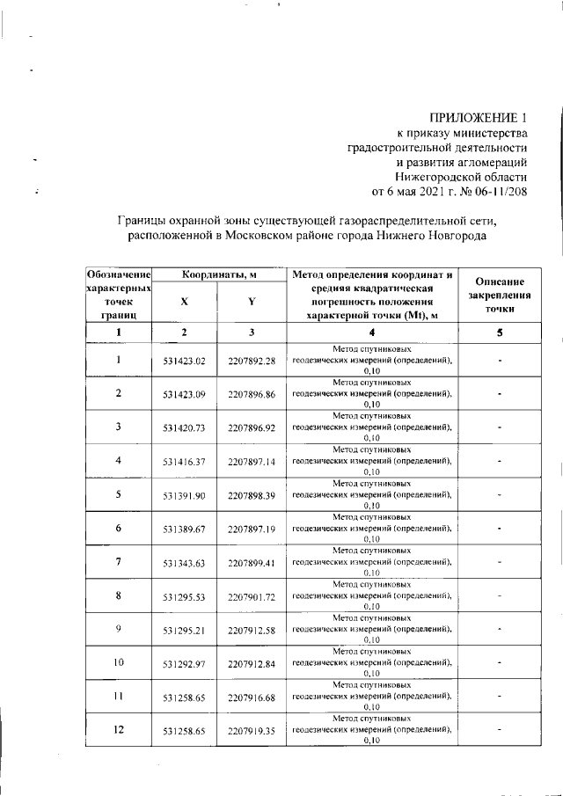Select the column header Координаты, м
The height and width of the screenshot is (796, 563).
219,275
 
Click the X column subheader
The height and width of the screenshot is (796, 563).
184,302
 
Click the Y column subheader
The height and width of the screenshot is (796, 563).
252,302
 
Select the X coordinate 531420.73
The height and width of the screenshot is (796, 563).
184,428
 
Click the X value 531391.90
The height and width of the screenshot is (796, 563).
184,495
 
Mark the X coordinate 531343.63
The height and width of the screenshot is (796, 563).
184,563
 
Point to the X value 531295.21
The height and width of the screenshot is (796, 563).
184,630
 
